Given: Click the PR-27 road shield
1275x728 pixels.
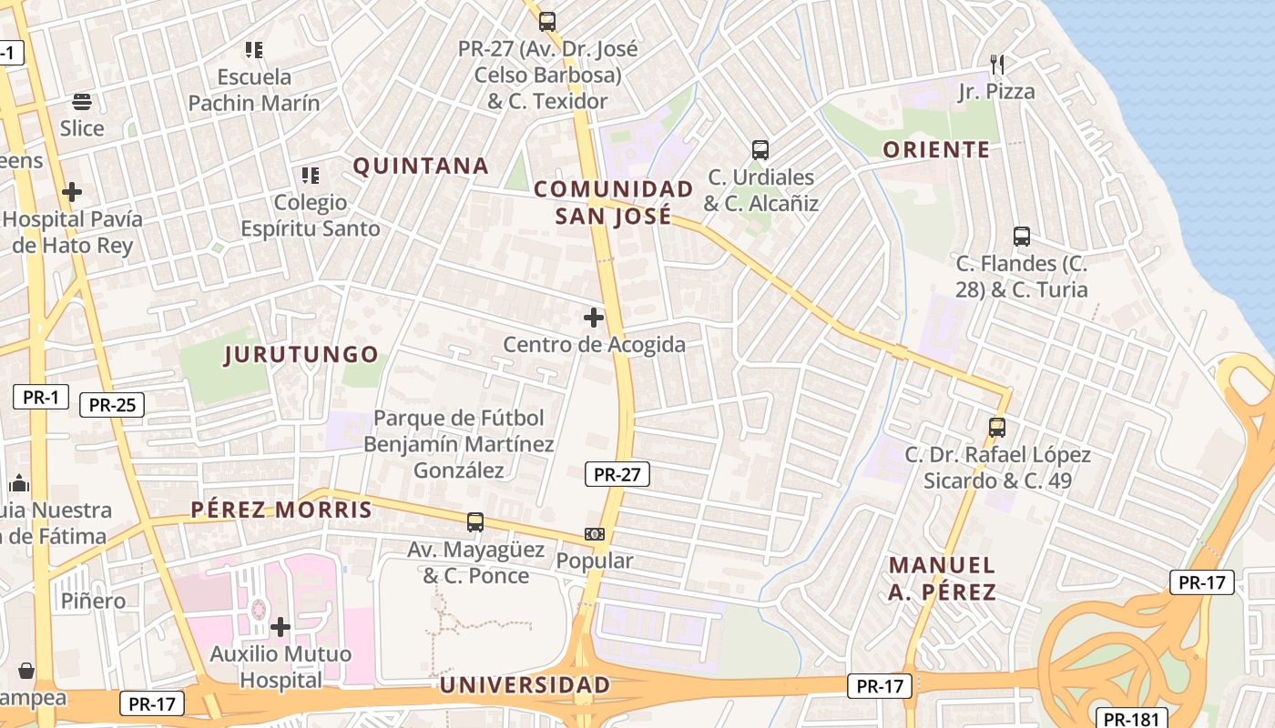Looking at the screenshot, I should tap(617, 474).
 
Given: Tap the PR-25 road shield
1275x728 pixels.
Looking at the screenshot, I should tap(112, 405).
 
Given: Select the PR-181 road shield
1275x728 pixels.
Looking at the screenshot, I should tap(1131, 719).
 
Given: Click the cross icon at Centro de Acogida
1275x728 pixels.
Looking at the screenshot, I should tap(594, 318).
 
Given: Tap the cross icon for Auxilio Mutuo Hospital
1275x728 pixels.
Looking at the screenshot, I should tap(280, 626).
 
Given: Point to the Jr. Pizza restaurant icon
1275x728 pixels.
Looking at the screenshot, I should tap(997, 64).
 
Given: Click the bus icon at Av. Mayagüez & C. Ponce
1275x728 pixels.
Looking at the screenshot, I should tap(475, 522).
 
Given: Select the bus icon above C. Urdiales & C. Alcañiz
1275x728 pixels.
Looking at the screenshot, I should tap(760, 150).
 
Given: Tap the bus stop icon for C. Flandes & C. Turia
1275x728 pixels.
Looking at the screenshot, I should tap(1022, 237).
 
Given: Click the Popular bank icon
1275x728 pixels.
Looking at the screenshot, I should tap(595, 534).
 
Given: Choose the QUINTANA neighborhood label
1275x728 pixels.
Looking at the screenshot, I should tap(421, 167).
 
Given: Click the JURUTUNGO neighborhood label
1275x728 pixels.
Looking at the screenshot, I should tap(301, 355).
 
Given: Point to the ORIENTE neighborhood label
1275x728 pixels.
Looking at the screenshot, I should tap(936, 150).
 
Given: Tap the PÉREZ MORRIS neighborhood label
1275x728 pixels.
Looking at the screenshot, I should tap(281, 510).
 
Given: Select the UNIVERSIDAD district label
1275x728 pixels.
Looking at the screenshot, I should tap(525, 685).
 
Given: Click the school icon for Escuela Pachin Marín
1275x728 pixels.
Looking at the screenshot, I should tap(254, 50).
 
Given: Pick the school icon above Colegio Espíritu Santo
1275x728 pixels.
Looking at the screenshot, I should tap(311, 175).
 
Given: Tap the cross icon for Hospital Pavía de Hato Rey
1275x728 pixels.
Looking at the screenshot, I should tap(72, 192).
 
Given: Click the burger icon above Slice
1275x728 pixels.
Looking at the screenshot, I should tap(82, 101).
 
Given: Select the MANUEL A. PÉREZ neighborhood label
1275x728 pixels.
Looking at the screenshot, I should tap(942, 579).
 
